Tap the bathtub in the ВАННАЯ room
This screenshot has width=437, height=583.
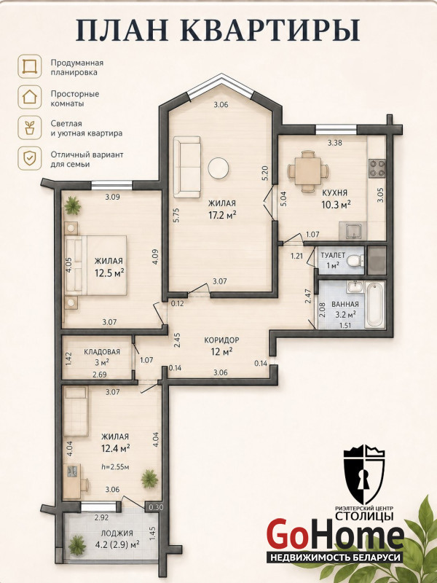(374, 305)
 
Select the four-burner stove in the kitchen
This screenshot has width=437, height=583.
(377, 168)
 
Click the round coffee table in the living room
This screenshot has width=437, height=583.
(218, 168)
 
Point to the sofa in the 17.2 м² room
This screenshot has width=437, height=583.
(187, 167)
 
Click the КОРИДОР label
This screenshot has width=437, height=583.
(221, 340)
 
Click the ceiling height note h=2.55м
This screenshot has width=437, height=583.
(115, 466)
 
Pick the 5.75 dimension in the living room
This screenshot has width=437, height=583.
(176, 215)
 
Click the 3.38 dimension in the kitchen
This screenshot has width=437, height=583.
(334, 142)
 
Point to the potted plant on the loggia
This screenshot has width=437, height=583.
(77, 545)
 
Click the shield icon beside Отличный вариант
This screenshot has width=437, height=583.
(29, 158)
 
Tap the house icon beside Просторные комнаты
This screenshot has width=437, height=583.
(29, 97)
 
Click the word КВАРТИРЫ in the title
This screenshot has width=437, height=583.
(272, 31)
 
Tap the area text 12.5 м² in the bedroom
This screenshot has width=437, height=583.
(109, 274)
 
